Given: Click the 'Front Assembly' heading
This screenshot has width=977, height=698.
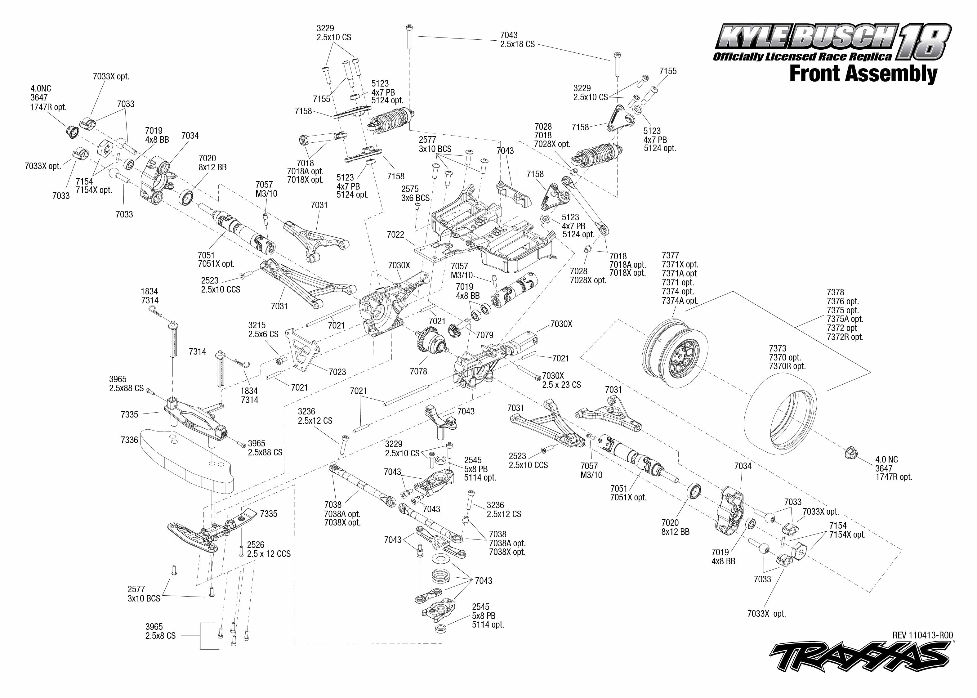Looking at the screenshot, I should [863, 74].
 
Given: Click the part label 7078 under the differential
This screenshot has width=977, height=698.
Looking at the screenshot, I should [418, 371].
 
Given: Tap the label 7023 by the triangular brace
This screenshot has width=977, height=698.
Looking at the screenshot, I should [337, 372].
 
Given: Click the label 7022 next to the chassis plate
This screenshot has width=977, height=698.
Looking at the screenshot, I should [395, 235].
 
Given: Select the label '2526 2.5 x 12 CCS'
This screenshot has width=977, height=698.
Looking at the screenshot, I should [269, 549].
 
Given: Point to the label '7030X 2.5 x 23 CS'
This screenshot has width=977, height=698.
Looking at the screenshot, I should [561, 380].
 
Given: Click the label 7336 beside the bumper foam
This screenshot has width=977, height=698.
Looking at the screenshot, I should [129, 440].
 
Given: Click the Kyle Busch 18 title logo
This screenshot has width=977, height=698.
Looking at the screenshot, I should [831, 43].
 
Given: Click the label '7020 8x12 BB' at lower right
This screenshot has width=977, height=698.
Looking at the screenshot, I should [675, 527].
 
